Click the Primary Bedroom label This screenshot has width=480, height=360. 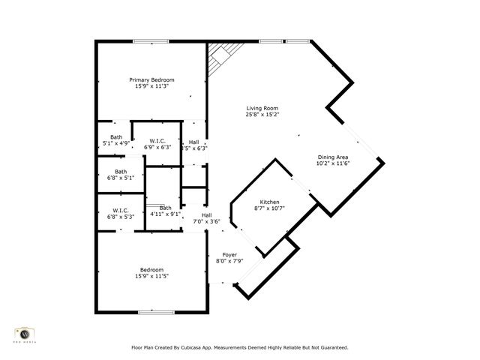151,80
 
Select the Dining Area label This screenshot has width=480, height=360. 333,157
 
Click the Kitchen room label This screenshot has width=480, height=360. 269,202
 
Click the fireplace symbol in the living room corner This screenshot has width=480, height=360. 220,55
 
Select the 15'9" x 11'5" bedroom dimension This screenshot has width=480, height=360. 151,276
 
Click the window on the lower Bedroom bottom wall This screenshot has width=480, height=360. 156,311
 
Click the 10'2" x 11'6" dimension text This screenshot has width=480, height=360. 333,163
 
